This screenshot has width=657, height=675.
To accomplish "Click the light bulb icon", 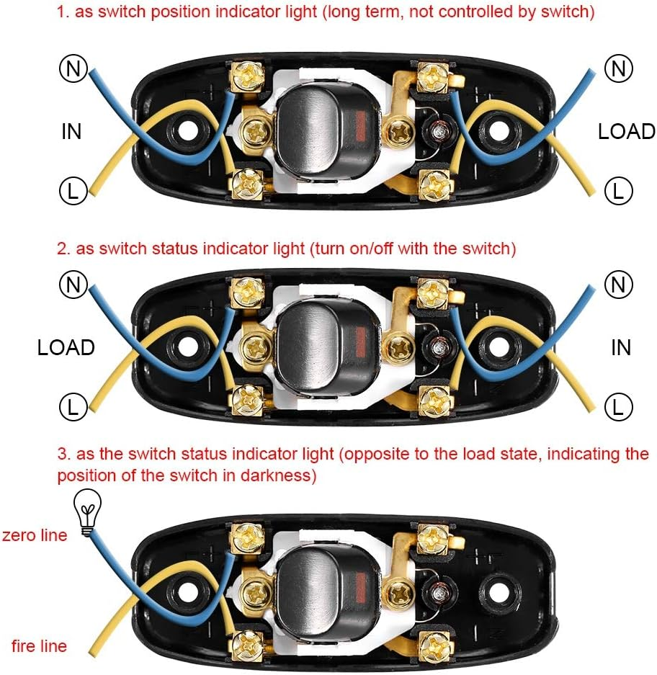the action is click(87, 512).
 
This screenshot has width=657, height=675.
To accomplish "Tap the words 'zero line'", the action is click(35, 535).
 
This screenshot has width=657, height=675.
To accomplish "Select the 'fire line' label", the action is click(39, 645).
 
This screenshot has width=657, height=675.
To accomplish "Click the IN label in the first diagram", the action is click(71, 131).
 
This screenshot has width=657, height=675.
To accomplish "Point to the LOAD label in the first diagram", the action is click(627, 131).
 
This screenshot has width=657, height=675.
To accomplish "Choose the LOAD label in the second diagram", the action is click(66, 347).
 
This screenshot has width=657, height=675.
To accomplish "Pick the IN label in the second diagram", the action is click(621, 347).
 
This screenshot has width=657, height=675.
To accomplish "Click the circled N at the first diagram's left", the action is click(73, 68).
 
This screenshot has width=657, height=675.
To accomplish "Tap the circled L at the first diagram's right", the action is click(618, 191).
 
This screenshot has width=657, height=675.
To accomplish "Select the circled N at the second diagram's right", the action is click(618, 285).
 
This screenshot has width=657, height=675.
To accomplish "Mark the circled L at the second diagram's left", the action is click(73, 407).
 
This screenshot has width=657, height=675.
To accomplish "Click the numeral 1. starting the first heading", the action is click(63, 12).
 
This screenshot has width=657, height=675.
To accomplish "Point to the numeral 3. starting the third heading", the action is click(63, 454).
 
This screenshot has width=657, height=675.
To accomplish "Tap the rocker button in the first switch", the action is click(327, 129).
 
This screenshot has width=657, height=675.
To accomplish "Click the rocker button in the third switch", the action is click(327, 592).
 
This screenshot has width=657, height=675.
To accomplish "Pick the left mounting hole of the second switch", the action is click(187, 347).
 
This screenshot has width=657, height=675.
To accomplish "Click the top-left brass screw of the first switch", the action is click(246, 76).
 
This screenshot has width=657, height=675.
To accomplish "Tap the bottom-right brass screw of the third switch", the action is click(435, 645).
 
